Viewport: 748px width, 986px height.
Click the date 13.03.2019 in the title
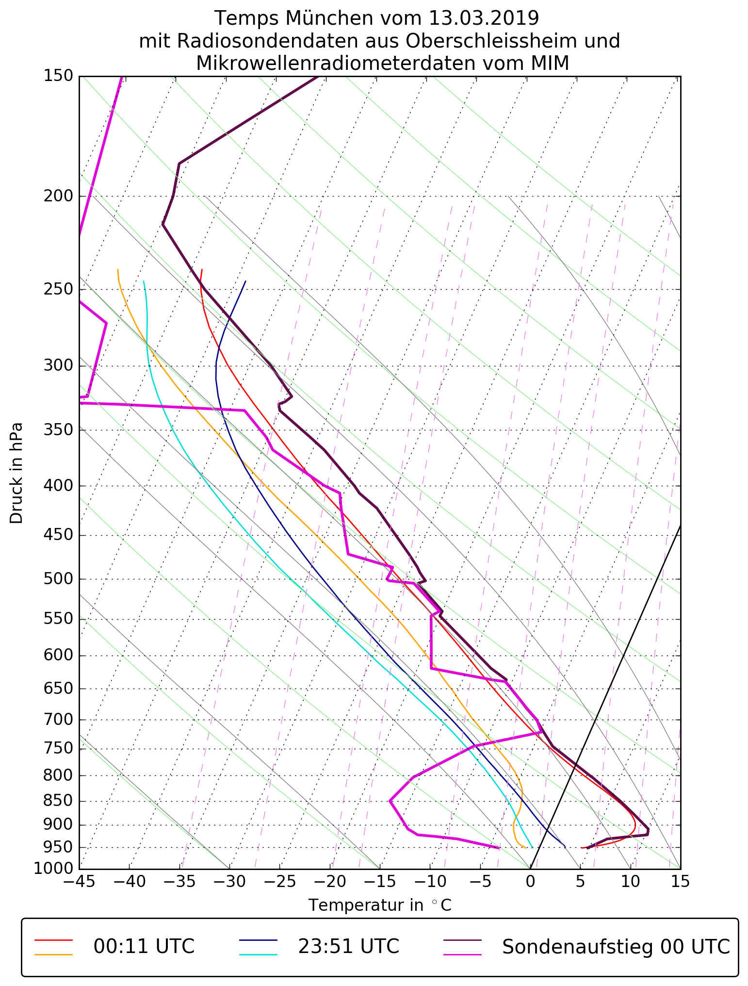pyautogui.click(x=484, y=18)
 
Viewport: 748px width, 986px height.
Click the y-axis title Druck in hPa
pyautogui.click(x=16, y=473)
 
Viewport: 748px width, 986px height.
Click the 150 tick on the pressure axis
pyautogui.click(x=58, y=76)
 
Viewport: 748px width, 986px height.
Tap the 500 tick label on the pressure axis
pyautogui.click(x=58, y=579)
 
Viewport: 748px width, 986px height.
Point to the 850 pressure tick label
pyautogui.click(x=58, y=802)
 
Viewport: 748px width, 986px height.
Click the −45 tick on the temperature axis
pyautogui.click(x=79, y=882)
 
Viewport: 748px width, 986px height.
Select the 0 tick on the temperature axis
pyautogui.click(x=530, y=882)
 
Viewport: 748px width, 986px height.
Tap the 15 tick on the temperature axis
pyautogui.click(x=680, y=882)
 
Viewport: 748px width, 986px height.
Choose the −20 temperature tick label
pyautogui.click(x=329, y=882)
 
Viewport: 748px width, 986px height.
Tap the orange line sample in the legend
pyautogui.click(x=53, y=954)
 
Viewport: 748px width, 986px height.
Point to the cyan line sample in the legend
pyautogui.click(x=258, y=954)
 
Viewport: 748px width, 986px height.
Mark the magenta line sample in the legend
pyautogui.click(x=463, y=954)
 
